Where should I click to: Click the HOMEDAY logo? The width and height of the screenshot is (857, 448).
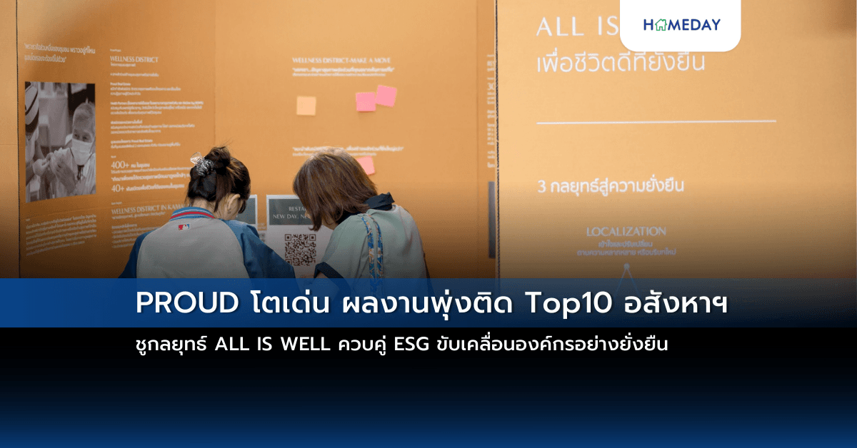[x=681, y=25]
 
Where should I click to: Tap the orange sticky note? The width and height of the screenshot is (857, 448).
[x=306, y=106]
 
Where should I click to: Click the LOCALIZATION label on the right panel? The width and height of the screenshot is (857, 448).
[x=626, y=231]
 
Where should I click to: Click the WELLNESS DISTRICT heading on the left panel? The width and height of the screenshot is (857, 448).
[x=135, y=60]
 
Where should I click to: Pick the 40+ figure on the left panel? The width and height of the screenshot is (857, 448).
[x=119, y=188]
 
